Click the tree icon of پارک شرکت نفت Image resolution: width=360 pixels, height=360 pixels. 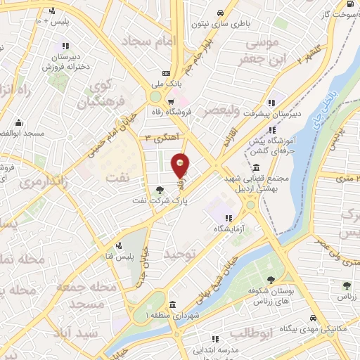160,189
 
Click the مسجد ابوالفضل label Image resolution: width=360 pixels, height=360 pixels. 23,133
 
